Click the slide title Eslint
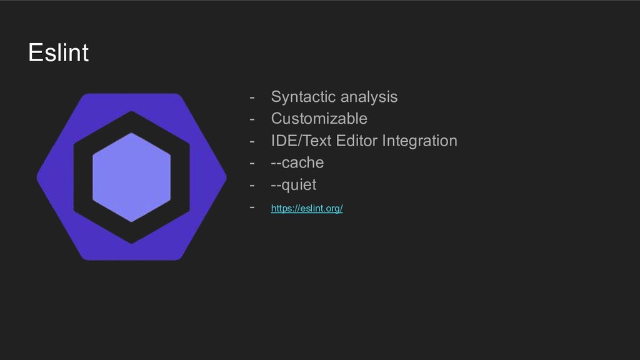coord(58,52)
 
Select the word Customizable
coord(319,118)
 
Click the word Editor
coord(357,141)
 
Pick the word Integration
coord(419,141)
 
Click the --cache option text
coord(297,162)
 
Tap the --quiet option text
coord(293,185)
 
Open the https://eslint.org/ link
coord(306,209)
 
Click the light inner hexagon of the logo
coord(131,177)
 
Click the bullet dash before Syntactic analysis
coord(252,97)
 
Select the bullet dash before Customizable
coord(252,119)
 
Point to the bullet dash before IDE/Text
coord(252,141)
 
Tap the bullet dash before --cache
coord(252,163)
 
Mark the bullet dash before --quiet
coord(252,186)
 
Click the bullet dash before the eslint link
coord(252,206)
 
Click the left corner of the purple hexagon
coord(39,177)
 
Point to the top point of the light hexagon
coord(131,134)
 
